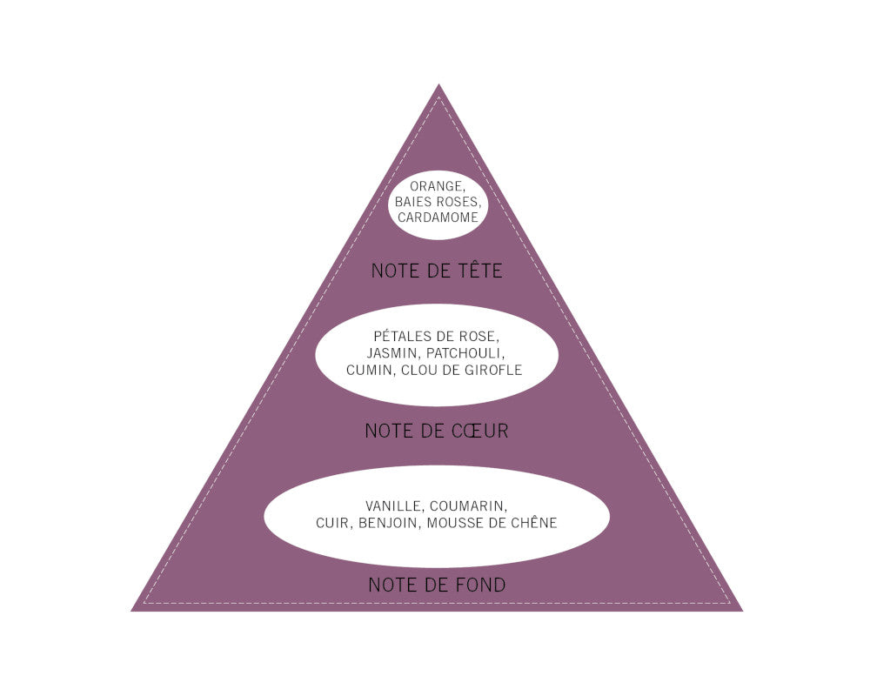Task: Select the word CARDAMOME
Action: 438,217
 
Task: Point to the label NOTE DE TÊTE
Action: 437,271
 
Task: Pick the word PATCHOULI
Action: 465,353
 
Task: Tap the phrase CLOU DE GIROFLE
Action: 462,371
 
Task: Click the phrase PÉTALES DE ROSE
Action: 437,337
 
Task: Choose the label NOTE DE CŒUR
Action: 437,431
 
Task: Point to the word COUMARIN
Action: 468,506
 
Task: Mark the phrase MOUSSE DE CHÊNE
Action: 492,522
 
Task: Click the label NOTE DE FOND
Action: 437,585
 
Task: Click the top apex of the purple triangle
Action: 438,84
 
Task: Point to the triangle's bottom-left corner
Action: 131,611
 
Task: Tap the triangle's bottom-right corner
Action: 743,611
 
